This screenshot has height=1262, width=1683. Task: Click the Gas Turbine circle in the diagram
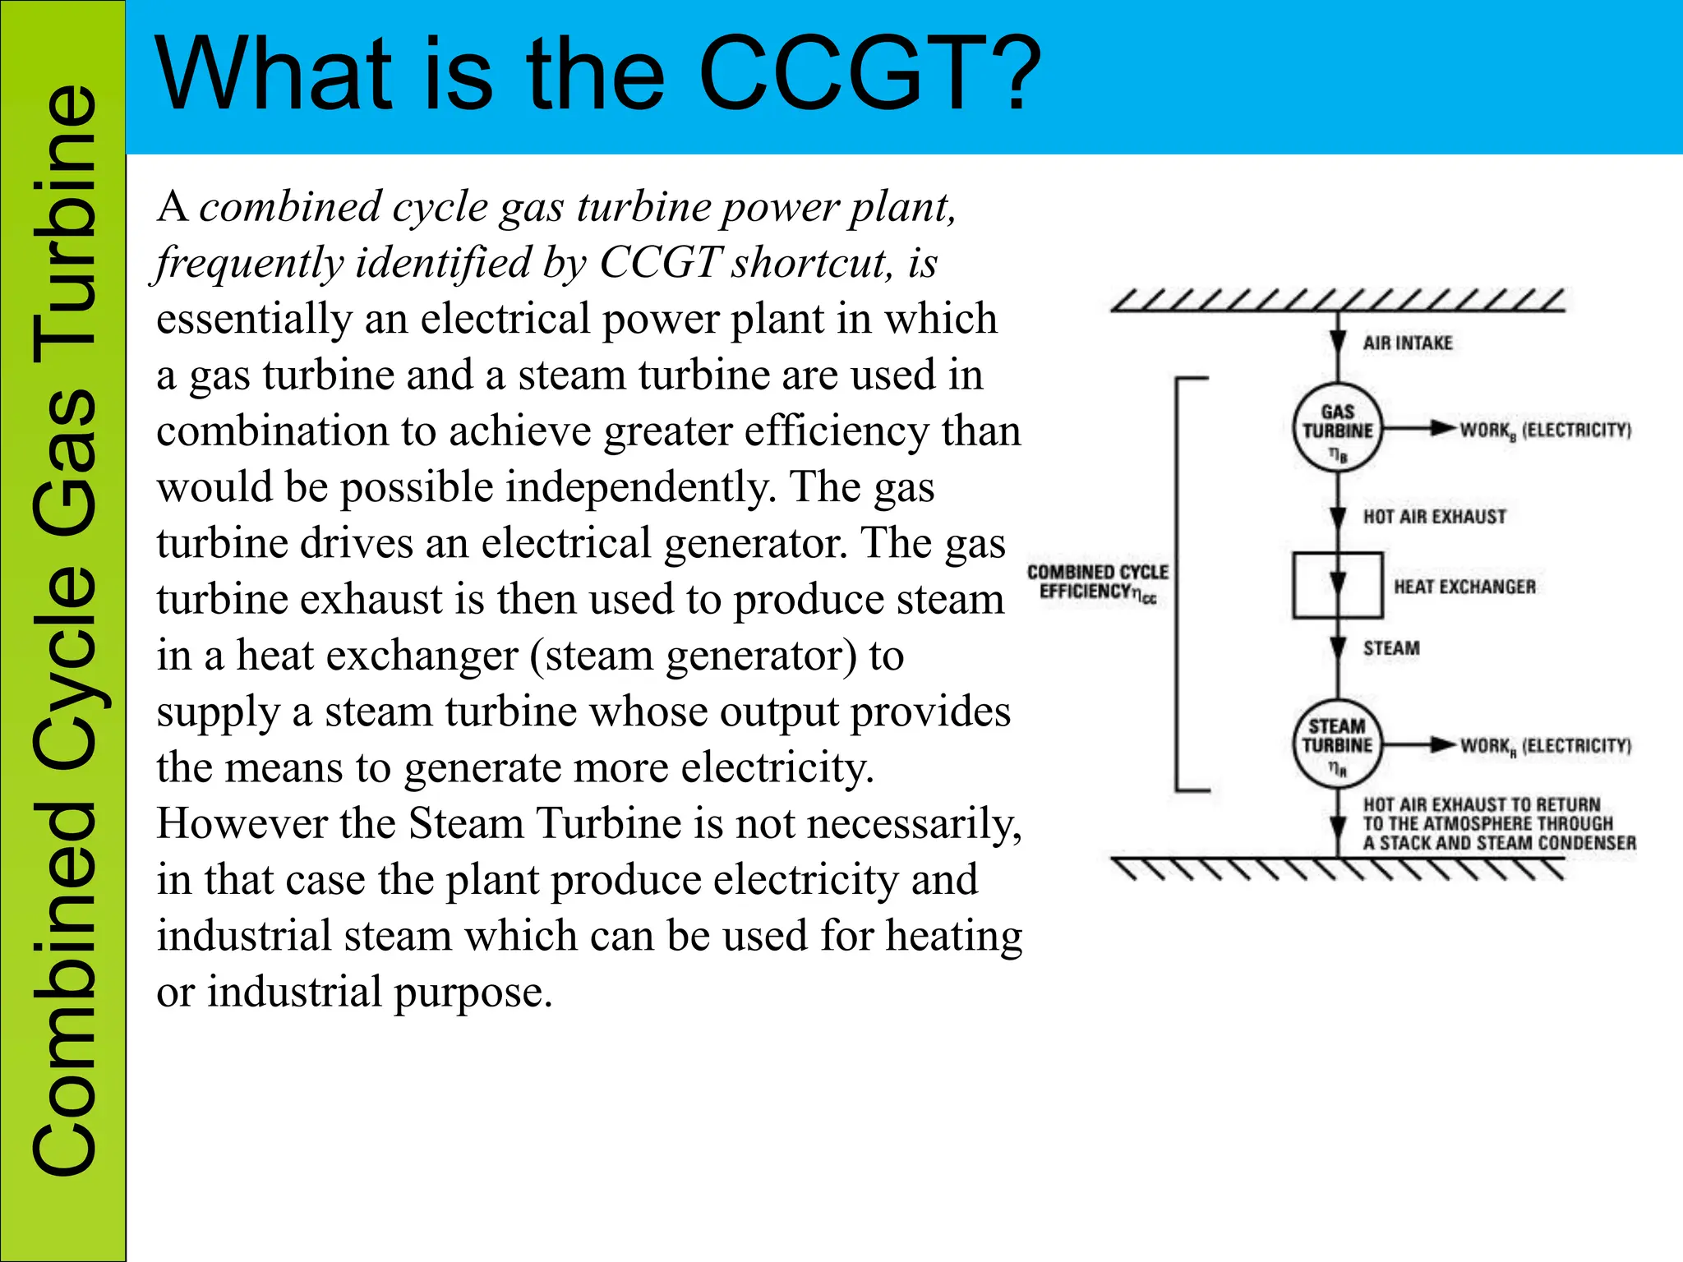(1337, 427)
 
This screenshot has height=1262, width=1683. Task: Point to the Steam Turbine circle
(1337, 744)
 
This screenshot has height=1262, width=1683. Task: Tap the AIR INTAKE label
(1408, 343)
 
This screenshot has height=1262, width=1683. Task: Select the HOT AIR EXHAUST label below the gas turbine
(1434, 517)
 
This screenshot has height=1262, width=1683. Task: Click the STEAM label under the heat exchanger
(1391, 648)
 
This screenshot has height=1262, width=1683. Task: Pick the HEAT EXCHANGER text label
(1464, 587)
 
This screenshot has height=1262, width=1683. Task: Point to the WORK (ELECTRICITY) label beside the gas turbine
(1545, 431)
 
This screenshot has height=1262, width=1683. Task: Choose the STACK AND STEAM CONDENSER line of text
(1500, 843)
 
